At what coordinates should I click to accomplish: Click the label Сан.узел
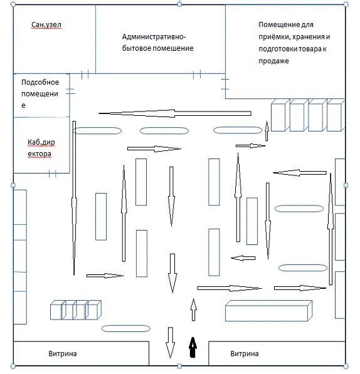click(46, 25)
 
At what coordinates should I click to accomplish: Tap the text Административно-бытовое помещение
click(157, 43)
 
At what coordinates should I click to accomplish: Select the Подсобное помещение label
click(40, 93)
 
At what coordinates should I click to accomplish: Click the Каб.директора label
click(41, 148)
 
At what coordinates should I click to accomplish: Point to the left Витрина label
click(63, 353)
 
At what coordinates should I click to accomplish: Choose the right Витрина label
click(245, 353)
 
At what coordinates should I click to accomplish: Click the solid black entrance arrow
click(193, 347)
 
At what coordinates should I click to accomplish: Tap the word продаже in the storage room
click(273, 61)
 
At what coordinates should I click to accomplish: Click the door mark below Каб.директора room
click(52, 174)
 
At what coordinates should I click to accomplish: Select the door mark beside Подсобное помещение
click(70, 91)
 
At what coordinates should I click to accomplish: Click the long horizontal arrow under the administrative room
click(175, 113)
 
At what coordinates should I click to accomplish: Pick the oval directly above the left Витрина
click(126, 328)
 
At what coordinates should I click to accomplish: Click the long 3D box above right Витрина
click(269, 311)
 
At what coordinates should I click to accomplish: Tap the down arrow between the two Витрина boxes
click(170, 343)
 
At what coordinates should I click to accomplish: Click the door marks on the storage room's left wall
click(225, 84)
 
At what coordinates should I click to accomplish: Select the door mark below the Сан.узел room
click(85, 75)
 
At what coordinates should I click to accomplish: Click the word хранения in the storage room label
click(308, 37)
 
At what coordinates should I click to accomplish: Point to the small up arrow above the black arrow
click(193, 309)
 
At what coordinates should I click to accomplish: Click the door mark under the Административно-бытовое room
click(197, 75)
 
